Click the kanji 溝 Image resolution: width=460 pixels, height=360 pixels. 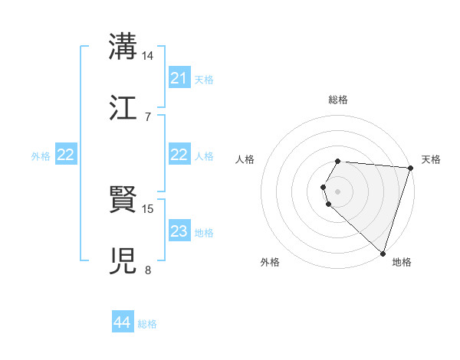(124, 47)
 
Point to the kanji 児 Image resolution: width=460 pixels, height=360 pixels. (124, 260)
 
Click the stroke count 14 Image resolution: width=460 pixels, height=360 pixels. (148, 56)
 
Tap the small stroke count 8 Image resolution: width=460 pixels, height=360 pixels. (148, 269)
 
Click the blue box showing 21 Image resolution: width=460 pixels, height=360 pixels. (179, 78)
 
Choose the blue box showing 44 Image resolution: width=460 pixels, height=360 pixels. (122, 323)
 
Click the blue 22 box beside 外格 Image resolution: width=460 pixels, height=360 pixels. (66, 155)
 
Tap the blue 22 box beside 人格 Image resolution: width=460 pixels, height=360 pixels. (179, 155)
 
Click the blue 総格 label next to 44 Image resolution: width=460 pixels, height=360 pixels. (147, 324)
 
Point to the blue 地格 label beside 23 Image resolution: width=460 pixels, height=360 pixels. (204, 232)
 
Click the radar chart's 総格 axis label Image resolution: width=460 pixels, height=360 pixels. (338, 100)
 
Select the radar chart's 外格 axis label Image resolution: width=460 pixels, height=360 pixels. (270, 262)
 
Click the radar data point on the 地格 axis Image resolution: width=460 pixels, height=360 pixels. (383, 253)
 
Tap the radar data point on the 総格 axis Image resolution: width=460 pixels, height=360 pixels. (338, 161)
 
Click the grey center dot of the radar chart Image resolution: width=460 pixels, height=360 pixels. (338, 191)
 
